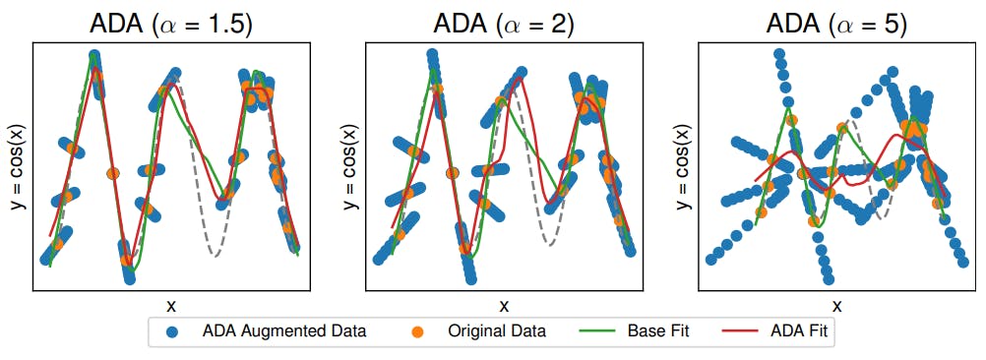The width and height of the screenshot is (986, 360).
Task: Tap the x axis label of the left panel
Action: (170, 306)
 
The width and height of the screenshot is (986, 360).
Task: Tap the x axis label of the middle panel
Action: (504, 306)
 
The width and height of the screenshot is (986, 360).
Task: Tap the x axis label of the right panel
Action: (836, 306)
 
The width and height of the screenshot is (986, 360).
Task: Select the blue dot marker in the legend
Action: (173, 331)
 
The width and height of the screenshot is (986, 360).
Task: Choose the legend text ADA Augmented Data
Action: (283, 331)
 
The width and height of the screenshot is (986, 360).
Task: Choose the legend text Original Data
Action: (497, 331)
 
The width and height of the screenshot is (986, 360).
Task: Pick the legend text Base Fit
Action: (658, 331)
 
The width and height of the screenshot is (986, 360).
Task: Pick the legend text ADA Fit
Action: (800, 331)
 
